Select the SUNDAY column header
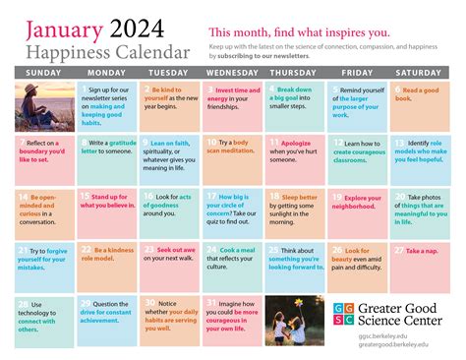pos(42,72)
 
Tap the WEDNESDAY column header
pos(233,72)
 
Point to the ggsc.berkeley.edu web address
pos(379,337)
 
